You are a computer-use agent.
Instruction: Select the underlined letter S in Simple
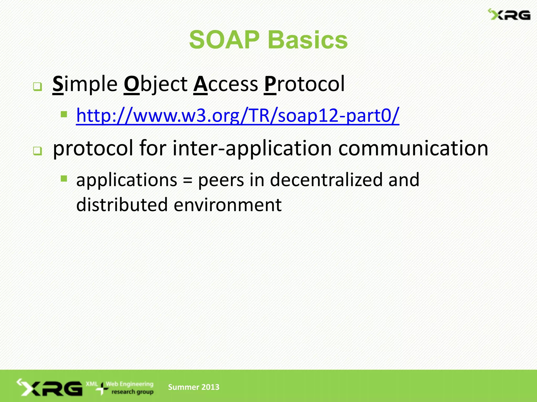point(58,84)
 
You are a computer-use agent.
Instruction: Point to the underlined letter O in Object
point(132,84)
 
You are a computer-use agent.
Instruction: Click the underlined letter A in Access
point(201,84)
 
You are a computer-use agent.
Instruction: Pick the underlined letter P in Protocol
point(270,84)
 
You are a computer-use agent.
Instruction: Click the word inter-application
point(252,148)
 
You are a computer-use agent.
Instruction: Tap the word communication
point(413,148)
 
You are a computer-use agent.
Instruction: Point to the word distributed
point(122,205)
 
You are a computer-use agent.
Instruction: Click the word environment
point(228,205)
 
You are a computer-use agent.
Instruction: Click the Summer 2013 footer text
point(194,387)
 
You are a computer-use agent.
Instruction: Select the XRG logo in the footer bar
point(50,387)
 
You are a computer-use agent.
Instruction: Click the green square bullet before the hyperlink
point(64,114)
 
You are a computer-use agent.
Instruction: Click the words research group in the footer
point(132,392)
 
